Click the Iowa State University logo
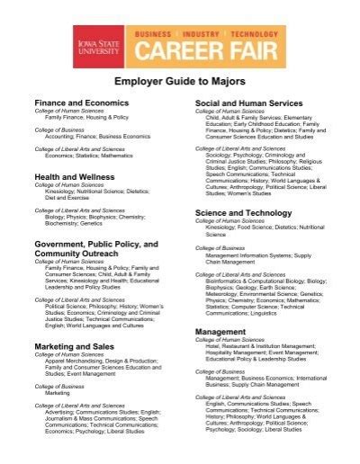pos(100,41)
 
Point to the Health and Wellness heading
pos(76,177)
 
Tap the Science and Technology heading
pos(243,213)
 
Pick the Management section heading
pos(220,332)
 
